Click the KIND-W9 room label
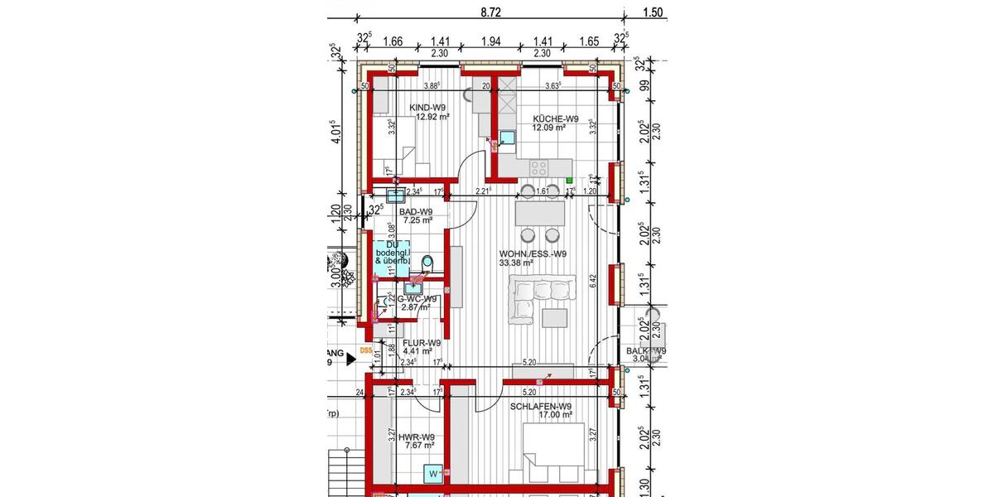tap(429, 107)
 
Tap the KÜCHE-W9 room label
tap(556, 118)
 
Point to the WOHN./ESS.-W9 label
tap(533, 253)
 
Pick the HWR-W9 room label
tap(417, 437)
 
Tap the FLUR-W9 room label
tap(421, 341)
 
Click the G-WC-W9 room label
tap(417, 298)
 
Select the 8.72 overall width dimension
tap(491, 11)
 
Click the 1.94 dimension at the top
tap(491, 41)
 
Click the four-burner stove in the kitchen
tap(539, 166)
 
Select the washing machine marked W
tap(432, 474)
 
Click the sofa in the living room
tap(531, 297)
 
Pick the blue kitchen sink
tap(507, 138)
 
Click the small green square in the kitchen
tap(570, 179)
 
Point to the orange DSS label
tap(365, 351)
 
